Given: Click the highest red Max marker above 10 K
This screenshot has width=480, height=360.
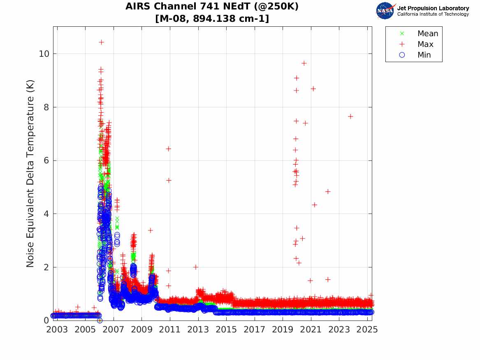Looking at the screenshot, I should tap(101, 42).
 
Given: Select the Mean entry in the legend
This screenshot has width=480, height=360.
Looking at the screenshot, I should tap(428, 34).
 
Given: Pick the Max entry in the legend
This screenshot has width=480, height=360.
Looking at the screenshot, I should tap(425, 44).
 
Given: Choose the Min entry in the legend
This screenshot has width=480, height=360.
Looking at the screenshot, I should tap(424, 55).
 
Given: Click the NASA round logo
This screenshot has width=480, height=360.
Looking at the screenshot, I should tap(385, 11).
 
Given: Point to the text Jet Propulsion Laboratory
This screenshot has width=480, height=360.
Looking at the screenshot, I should tap(433, 8).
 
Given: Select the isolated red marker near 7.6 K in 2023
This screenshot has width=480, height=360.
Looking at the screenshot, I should tap(350, 116).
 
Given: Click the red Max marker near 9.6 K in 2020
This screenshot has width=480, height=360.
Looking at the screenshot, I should tap(304, 63).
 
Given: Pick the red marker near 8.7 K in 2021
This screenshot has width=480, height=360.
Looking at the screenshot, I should tap(313, 88).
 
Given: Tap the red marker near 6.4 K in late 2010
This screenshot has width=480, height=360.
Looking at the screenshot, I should tap(168, 149).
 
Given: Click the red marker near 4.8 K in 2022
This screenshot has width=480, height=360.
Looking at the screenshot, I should tap(328, 191).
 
